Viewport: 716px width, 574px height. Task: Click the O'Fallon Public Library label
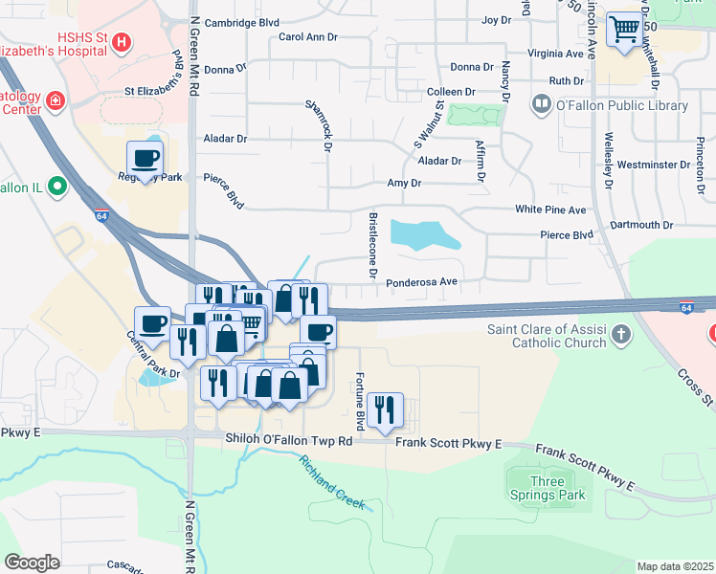click(622, 104)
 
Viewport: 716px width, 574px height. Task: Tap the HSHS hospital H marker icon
click(121, 42)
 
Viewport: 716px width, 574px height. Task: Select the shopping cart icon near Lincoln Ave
click(625, 32)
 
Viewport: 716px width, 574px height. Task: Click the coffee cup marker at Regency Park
click(145, 159)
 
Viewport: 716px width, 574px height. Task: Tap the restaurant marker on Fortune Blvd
click(385, 410)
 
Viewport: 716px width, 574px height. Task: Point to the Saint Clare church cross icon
click(622, 334)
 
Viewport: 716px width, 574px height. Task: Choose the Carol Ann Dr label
click(308, 37)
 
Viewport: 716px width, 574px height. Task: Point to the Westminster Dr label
click(654, 165)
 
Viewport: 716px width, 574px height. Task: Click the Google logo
click(32, 563)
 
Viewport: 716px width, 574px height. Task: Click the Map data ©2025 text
click(674, 566)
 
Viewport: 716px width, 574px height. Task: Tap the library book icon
click(542, 103)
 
